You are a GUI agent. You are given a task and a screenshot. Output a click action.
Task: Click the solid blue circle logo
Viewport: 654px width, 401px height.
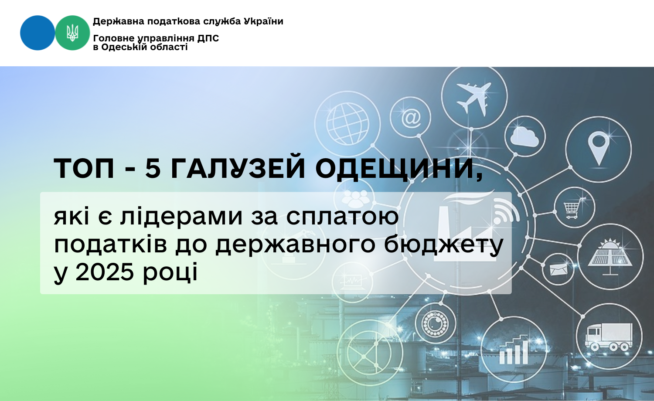[x=37, y=33]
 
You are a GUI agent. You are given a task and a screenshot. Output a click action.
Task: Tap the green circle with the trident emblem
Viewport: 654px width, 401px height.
[x=72, y=33]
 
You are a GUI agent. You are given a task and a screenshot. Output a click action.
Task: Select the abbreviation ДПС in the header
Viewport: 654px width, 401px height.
[x=208, y=38]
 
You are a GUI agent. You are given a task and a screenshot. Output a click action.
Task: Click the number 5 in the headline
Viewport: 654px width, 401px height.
[x=153, y=168]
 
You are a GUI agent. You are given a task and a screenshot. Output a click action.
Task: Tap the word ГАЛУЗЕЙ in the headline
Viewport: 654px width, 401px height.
[x=238, y=168]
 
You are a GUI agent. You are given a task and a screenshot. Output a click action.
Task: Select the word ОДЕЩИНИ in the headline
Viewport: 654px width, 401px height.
[x=399, y=169]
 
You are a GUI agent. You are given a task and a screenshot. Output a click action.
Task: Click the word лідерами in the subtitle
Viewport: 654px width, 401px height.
[x=182, y=217]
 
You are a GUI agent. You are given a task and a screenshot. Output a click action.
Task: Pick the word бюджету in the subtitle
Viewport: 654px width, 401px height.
[x=444, y=245]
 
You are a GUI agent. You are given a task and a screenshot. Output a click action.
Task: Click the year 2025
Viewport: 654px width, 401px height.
[x=105, y=272]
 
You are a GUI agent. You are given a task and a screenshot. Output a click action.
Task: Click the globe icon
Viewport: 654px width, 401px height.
[x=347, y=124]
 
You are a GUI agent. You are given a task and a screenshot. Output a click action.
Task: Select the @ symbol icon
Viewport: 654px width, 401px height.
[x=411, y=117]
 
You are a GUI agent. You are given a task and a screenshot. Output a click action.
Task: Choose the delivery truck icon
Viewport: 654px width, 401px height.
[x=609, y=336]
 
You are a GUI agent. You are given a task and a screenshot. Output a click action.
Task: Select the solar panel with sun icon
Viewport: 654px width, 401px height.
[x=610, y=257]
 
